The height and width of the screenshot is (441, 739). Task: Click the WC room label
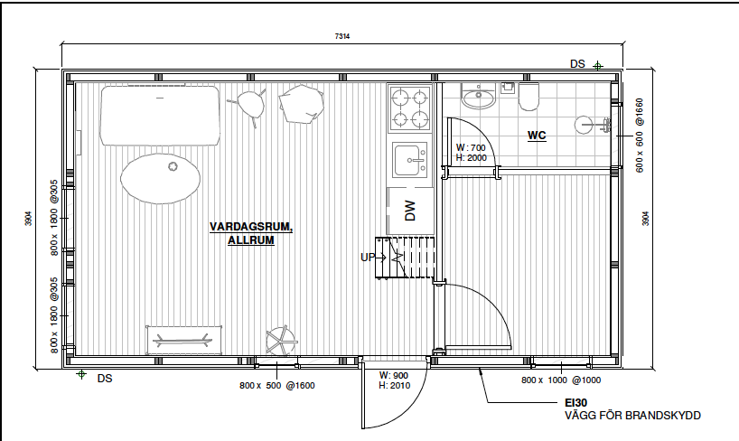tap(537, 136)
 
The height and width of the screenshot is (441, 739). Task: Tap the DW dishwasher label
tap(410, 211)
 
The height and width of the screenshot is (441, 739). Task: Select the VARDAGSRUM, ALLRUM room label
tap(251, 233)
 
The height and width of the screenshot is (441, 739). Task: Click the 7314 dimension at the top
tap(342, 36)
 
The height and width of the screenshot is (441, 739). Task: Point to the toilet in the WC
tap(529, 96)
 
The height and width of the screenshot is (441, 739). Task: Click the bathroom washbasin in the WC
tap(479, 96)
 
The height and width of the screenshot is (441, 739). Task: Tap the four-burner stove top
tap(410, 109)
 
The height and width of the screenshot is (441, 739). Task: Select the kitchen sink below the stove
tap(410, 160)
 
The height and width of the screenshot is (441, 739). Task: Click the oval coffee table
tap(160, 179)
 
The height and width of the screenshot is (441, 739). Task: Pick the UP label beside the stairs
tap(367, 258)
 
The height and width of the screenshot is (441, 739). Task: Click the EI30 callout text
tap(575, 403)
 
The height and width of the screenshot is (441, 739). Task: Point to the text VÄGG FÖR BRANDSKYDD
tap(632, 416)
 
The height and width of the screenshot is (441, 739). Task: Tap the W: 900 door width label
tap(394, 375)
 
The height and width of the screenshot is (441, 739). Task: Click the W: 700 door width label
tap(471, 147)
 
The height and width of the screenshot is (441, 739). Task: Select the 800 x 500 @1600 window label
tap(277, 385)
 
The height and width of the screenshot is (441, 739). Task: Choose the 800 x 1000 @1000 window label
tap(561, 380)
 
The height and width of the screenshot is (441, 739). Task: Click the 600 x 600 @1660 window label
tap(639, 136)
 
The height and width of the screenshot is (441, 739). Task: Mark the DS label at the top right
tap(577, 64)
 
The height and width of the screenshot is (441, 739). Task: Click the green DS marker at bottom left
tap(81, 374)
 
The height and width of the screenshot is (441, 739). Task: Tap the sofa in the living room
tap(160, 116)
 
